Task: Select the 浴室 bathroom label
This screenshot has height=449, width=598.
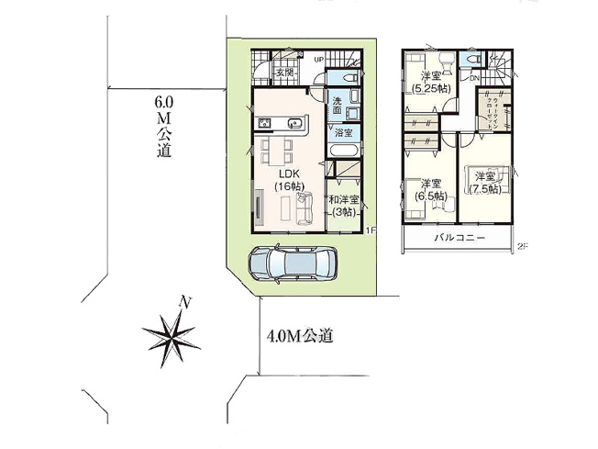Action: pyautogui.click(x=342, y=133)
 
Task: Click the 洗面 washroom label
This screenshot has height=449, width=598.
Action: pyautogui.click(x=338, y=106)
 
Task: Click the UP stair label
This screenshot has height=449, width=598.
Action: pyautogui.click(x=318, y=61)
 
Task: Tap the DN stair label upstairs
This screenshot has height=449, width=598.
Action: pyautogui.click(x=473, y=79)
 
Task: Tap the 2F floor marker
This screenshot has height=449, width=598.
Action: pyautogui.click(x=522, y=246)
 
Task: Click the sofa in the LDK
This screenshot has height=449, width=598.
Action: pyautogui.click(x=302, y=207)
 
